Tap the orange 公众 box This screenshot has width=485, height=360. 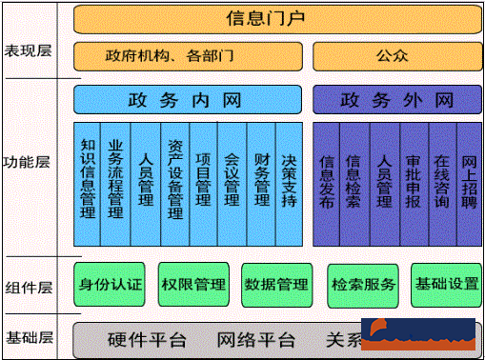pos(393,56)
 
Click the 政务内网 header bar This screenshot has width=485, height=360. pos(187,99)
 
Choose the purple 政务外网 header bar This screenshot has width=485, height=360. pos(395,99)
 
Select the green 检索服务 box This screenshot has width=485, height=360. pos(363,284)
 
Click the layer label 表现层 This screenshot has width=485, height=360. pos(28,50)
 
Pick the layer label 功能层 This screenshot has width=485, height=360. pos(28,162)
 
